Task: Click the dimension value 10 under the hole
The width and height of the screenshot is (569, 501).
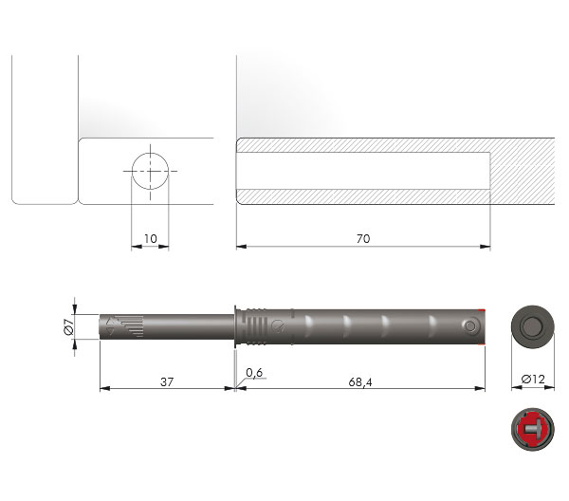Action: [x=151, y=239]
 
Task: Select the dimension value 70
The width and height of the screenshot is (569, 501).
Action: [x=363, y=239]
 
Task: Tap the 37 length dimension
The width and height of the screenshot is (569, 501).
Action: [x=167, y=382]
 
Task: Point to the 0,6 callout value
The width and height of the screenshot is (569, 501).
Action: [x=254, y=373]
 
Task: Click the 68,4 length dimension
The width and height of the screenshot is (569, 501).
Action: [x=360, y=382]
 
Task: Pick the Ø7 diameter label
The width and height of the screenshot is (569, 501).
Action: [x=69, y=326]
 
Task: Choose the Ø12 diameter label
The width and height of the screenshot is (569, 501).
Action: [x=533, y=380]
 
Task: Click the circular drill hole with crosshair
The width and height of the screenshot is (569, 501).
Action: [x=150, y=171]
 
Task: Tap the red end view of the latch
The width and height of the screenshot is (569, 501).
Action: [x=533, y=429]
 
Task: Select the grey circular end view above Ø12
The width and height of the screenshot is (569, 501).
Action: [x=533, y=326]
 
